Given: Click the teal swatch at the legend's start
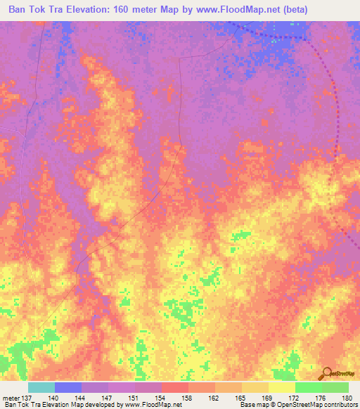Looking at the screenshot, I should (41, 387).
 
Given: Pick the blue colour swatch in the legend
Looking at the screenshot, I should (67, 387).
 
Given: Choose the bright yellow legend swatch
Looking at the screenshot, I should (281, 387).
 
